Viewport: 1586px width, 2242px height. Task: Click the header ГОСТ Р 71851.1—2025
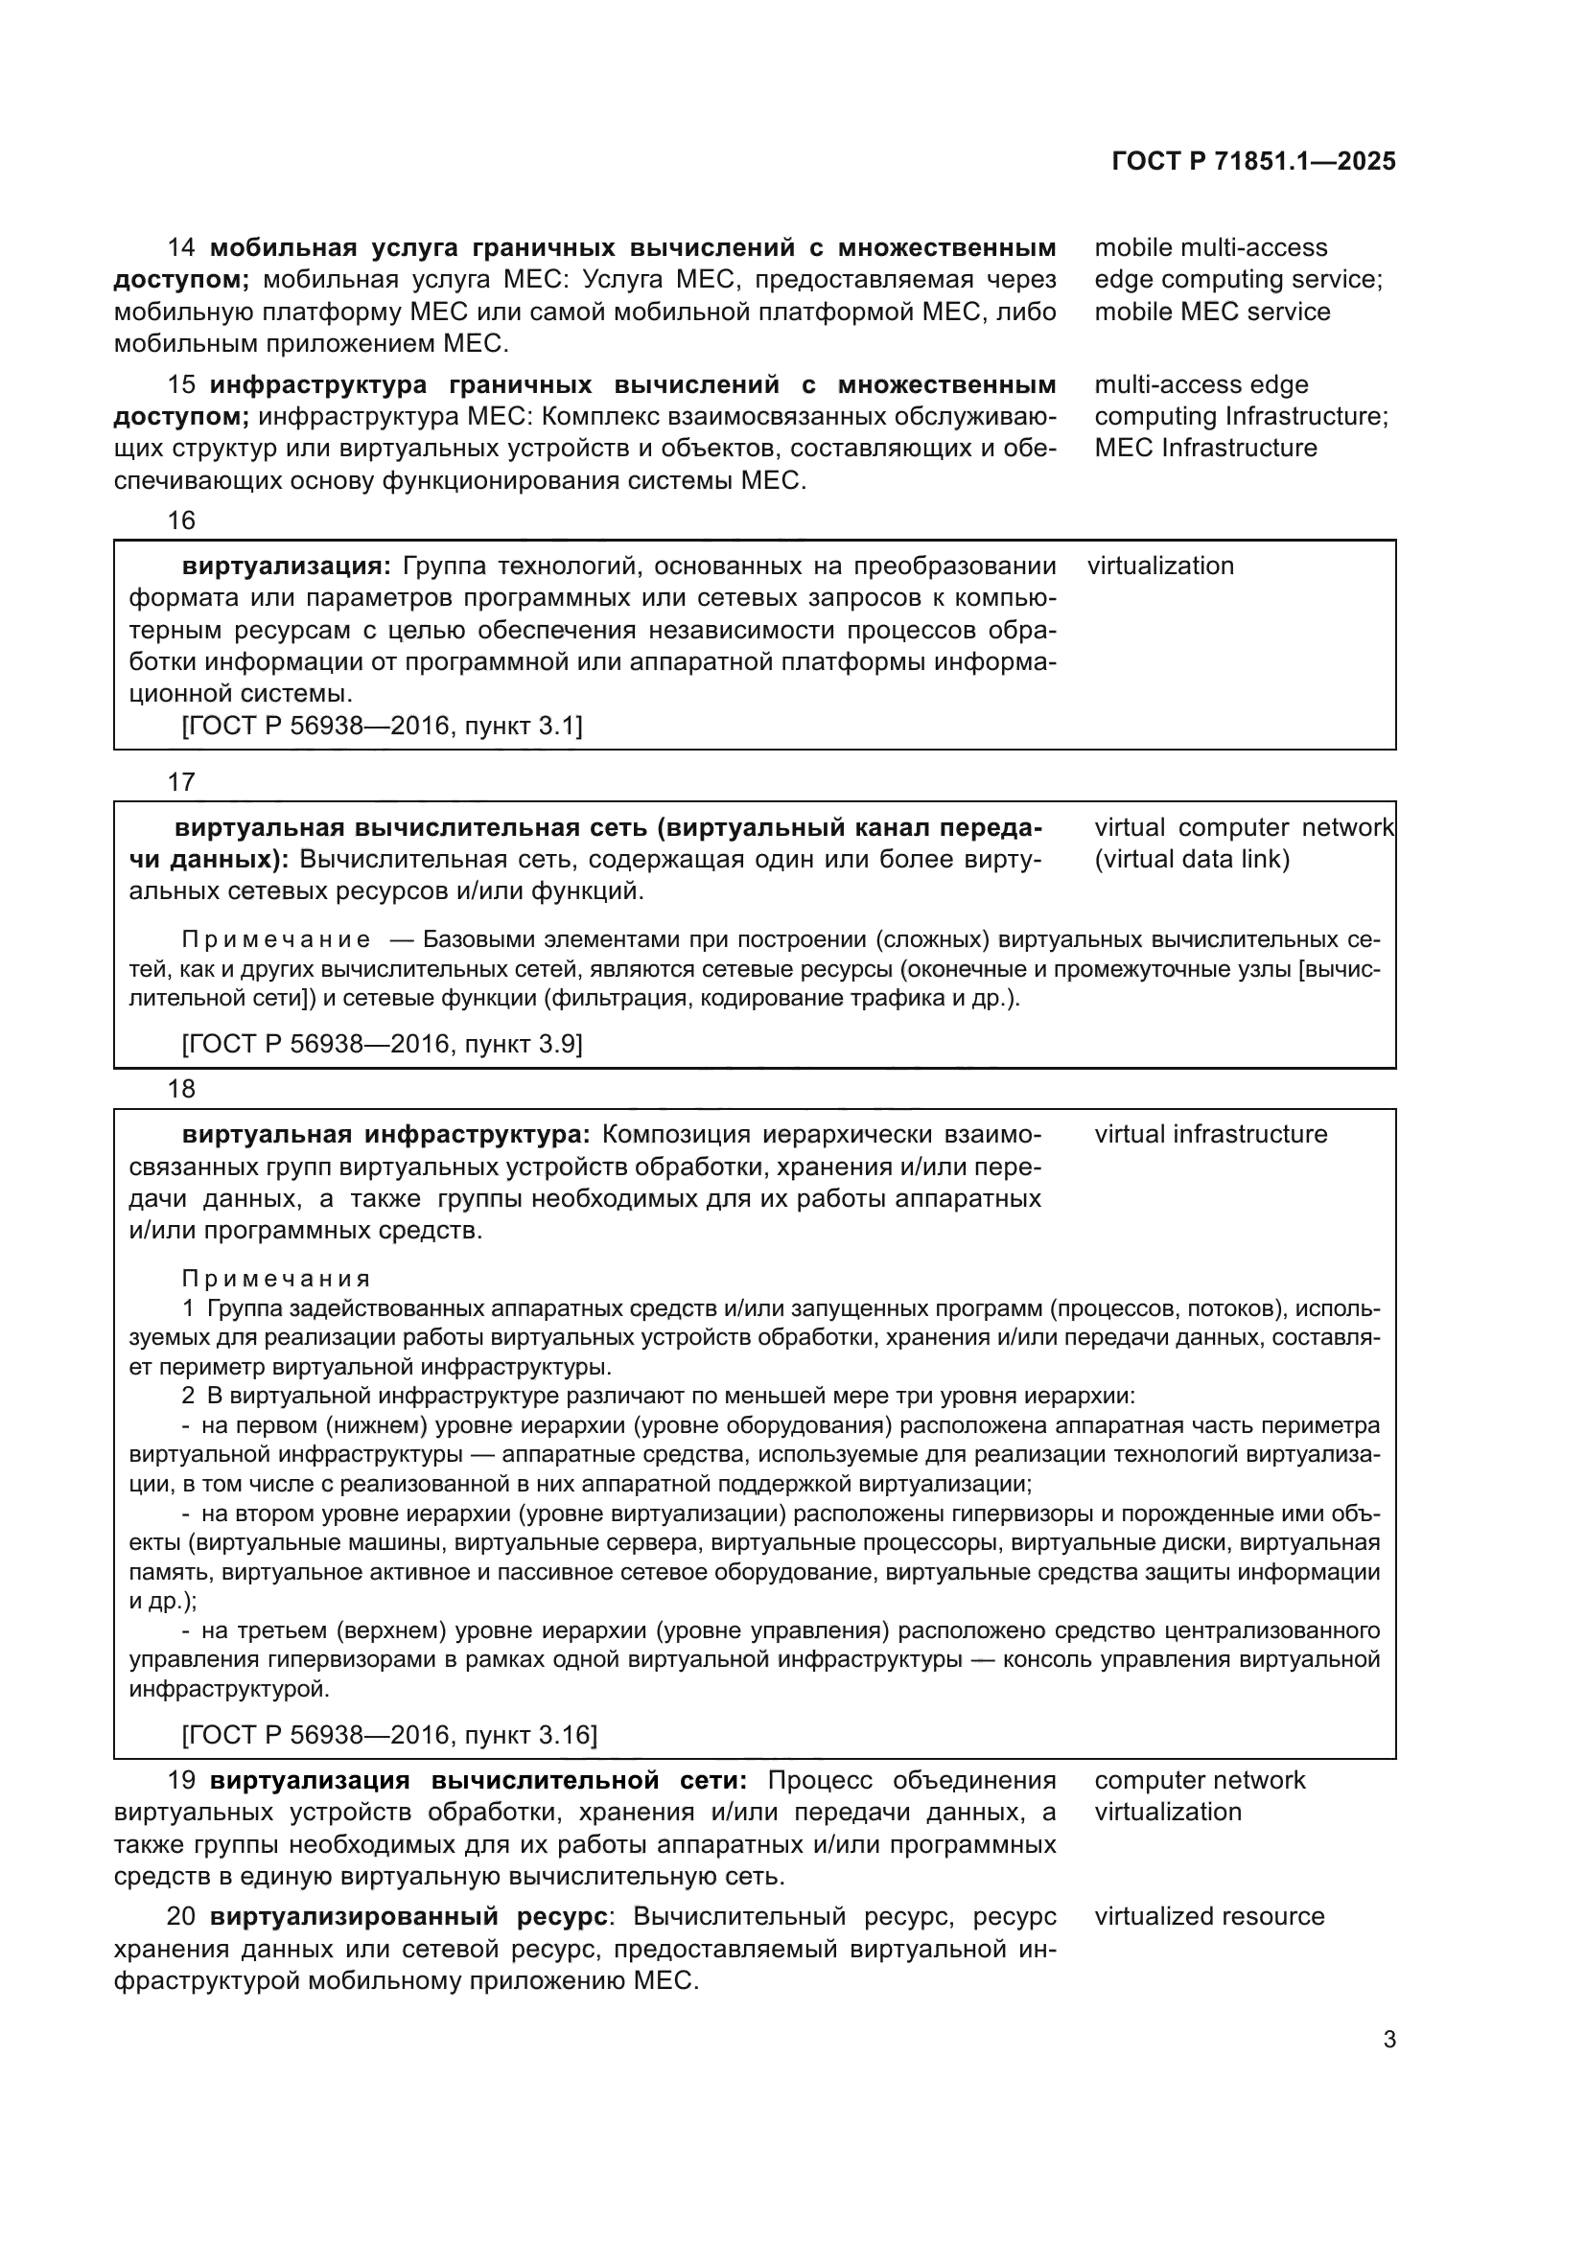(x=1253, y=162)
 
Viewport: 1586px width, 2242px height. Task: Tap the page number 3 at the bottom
(x=1388, y=2039)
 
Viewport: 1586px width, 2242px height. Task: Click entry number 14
(x=181, y=248)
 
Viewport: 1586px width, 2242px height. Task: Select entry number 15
(x=181, y=384)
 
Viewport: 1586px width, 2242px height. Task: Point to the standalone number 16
(x=181, y=520)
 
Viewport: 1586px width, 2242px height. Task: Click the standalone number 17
(x=181, y=782)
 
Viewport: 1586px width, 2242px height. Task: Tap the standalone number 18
(x=181, y=1089)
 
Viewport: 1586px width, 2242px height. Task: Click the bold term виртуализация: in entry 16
(x=286, y=566)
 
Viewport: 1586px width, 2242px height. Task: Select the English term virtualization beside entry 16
(x=1160, y=566)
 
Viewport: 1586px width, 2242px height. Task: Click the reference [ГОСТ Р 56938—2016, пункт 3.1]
(x=382, y=726)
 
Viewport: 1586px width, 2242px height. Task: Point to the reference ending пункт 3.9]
(x=382, y=1045)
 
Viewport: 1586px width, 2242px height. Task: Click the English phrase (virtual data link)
(x=1192, y=859)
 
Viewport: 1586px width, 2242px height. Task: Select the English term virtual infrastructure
(x=1210, y=1135)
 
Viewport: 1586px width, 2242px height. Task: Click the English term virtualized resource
(x=1209, y=1917)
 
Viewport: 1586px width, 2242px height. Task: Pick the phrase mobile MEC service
(x=1212, y=312)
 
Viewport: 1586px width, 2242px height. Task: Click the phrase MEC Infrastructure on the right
(x=1205, y=449)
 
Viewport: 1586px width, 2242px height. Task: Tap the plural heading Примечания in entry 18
(x=276, y=1280)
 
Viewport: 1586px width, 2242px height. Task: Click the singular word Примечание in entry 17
(x=276, y=940)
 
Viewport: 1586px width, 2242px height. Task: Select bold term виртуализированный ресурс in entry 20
(x=409, y=1917)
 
